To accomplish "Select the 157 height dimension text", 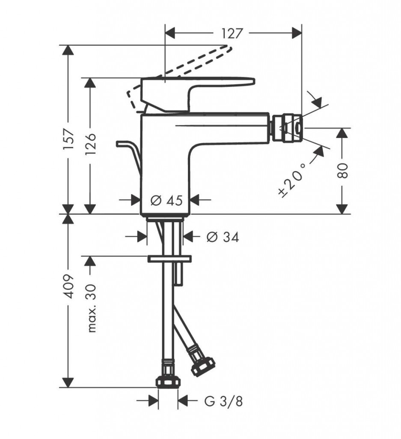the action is click(x=69, y=139).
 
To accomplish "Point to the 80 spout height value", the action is click(x=343, y=171).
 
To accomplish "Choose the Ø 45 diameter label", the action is click(x=166, y=201).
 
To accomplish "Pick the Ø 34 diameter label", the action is click(x=223, y=237).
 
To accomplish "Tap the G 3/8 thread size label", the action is click(x=223, y=401).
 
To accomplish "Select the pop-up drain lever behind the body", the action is click(x=129, y=155).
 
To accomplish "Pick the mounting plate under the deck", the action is click(x=169, y=259).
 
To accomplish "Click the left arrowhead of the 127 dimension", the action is click(x=170, y=33).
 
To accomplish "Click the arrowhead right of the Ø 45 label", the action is click(x=194, y=200).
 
